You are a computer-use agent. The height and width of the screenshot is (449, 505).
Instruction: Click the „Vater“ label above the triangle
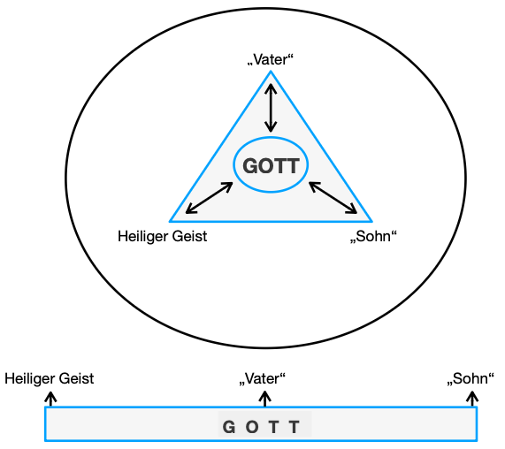click(x=270, y=60)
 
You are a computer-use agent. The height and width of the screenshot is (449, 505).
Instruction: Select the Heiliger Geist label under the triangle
click(x=162, y=236)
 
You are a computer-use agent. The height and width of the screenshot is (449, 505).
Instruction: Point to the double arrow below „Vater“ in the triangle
click(x=271, y=108)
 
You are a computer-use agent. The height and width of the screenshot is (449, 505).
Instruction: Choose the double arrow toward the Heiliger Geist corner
click(x=209, y=198)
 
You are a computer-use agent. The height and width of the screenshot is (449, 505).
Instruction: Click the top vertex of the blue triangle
click(x=271, y=72)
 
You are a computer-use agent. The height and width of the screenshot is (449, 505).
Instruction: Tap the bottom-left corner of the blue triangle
click(x=172, y=220)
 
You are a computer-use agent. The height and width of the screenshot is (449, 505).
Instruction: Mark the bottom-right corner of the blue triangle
click(x=371, y=220)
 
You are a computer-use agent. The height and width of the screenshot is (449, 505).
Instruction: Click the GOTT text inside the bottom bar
click(x=262, y=428)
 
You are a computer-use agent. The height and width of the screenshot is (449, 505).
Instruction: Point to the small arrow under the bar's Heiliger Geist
click(x=51, y=399)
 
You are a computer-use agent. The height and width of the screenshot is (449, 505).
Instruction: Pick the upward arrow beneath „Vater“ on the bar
click(x=264, y=399)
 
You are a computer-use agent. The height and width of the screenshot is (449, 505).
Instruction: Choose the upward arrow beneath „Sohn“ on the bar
click(x=471, y=399)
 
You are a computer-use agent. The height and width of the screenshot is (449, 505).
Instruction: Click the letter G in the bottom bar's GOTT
click(x=228, y=428)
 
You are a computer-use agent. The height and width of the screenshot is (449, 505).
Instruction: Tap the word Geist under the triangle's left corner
click(x=188, y=236)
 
